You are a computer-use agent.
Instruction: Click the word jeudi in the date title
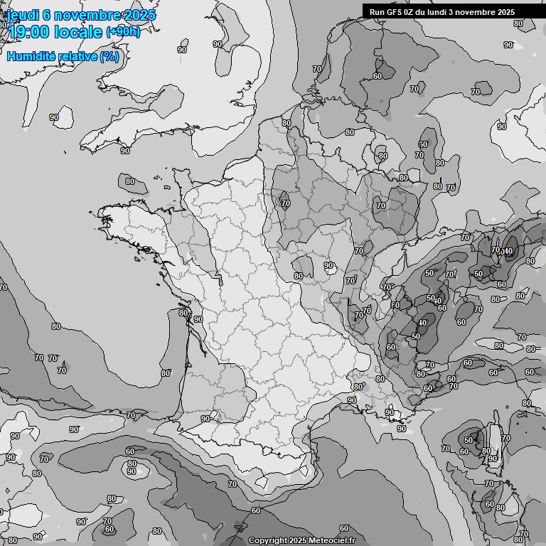point(23,15)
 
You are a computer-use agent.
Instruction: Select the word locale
point(79,31)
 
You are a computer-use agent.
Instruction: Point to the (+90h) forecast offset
point(123,31)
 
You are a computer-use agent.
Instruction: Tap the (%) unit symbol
point(109,56)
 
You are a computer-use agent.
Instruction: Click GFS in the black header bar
point(395,11)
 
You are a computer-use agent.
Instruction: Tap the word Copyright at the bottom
point(268,541)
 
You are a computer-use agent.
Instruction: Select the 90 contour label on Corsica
point(492,459)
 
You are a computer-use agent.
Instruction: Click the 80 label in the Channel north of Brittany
point(129,181)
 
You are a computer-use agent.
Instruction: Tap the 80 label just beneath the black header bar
point(518,23)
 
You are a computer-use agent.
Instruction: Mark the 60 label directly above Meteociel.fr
point(343,528)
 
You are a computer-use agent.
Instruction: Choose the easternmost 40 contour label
point(508,251)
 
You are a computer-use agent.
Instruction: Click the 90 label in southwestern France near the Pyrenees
point(205,419)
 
